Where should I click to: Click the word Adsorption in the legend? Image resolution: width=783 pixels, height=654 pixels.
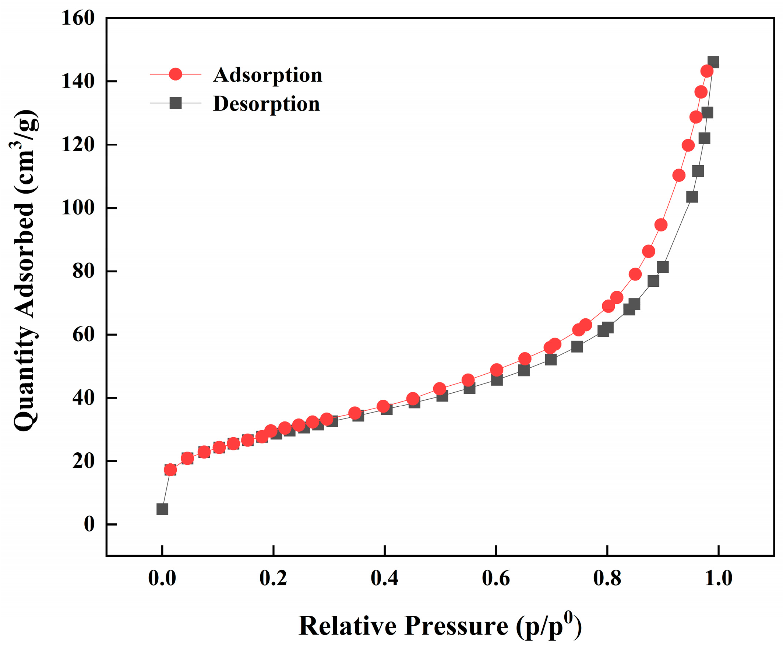[x=267, y=75]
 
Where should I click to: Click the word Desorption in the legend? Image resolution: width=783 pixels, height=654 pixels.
[x=266, y=104]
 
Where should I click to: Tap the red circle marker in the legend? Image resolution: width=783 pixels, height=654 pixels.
[x=175, y=74]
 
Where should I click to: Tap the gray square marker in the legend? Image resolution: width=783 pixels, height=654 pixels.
[x=175, y=103]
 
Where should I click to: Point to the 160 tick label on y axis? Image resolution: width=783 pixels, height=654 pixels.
[x=78, y=18]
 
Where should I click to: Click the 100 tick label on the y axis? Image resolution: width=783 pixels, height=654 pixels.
[x=78, y=208]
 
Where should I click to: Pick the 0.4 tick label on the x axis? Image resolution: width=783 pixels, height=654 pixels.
[x=384, y=578]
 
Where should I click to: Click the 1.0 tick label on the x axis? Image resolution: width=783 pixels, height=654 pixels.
[x=718, y=578]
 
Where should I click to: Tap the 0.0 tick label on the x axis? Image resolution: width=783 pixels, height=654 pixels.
[x=162, y=578]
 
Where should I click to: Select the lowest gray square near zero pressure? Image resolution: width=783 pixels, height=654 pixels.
[x=162, y=509]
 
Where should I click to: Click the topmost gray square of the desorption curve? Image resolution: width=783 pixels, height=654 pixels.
[x=713, y=62]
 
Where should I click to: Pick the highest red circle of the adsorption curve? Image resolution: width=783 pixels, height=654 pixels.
[x=707, y=71]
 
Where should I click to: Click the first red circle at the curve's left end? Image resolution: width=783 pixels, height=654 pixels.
[x=170, y=470]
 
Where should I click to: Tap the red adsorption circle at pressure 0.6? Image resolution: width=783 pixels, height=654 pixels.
[x=496, y=370]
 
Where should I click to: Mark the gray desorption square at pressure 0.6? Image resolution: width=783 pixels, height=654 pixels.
[x=497, y=380]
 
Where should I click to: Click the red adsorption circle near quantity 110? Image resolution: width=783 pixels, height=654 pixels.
[x=679, y=175]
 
